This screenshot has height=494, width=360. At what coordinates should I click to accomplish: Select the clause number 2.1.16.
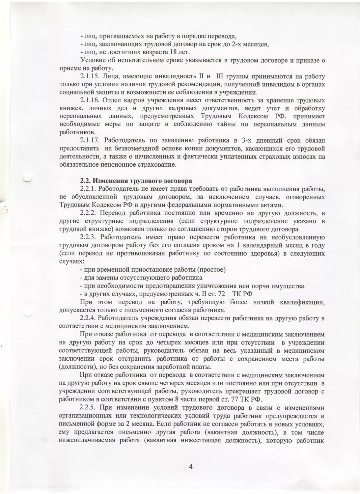click(91, 100)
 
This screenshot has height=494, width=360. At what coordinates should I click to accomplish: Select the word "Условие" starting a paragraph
click(91, 60)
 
